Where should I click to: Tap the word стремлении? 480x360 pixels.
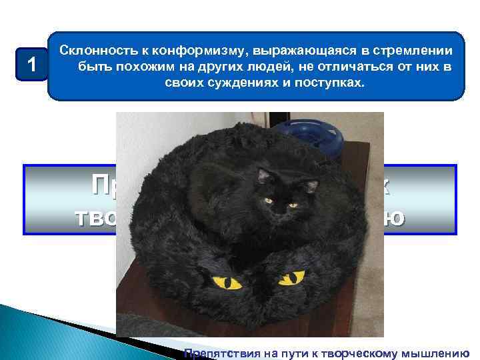point(411,51)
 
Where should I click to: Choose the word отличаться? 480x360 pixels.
point(360,67)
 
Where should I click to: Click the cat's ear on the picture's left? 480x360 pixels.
point(264,176)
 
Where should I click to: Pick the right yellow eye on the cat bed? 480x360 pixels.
point(291,277)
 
